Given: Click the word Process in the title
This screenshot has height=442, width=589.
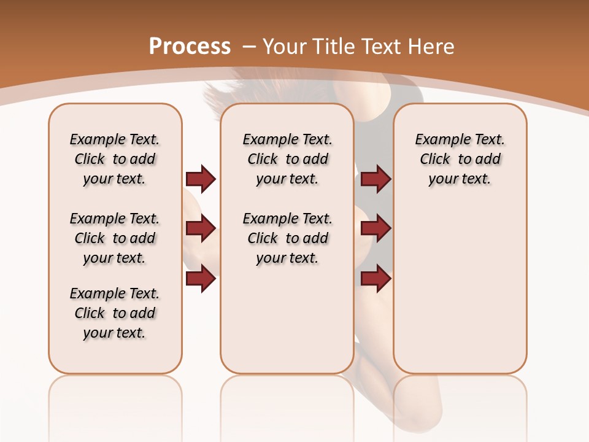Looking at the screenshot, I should click(x=190, y=46).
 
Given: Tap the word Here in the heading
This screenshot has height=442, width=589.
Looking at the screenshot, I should click(x=432, y=46).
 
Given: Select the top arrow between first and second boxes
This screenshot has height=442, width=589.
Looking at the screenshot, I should click(x=201, y=179).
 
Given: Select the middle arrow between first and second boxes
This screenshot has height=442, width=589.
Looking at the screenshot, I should click(x=201, y=228).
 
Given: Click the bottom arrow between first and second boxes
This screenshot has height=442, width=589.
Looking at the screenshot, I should click(x=201, y=279).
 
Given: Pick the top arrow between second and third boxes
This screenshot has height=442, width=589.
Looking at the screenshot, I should click(x=375, y=179).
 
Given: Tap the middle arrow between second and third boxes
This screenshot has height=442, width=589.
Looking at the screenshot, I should click(x=375, y=228).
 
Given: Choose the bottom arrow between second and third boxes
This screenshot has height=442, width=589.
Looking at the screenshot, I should click(x=375, y=279).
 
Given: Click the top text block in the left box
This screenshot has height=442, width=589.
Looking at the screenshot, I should click(x=115, y=159).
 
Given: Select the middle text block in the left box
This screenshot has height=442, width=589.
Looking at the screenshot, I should click(x=115, y=238).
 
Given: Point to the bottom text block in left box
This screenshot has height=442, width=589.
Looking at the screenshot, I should click(x=115, y=313).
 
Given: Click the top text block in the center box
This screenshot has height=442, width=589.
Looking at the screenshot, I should click(x=287, y=159).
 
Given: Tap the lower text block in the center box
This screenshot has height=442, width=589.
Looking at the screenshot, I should click(x=287, y=238).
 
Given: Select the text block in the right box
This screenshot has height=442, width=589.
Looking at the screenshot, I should click(x=460, y=159).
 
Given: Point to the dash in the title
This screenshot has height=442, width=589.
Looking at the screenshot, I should click(x=249, y=46).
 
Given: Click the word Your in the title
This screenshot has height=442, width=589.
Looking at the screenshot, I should click(x=285, y=46).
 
